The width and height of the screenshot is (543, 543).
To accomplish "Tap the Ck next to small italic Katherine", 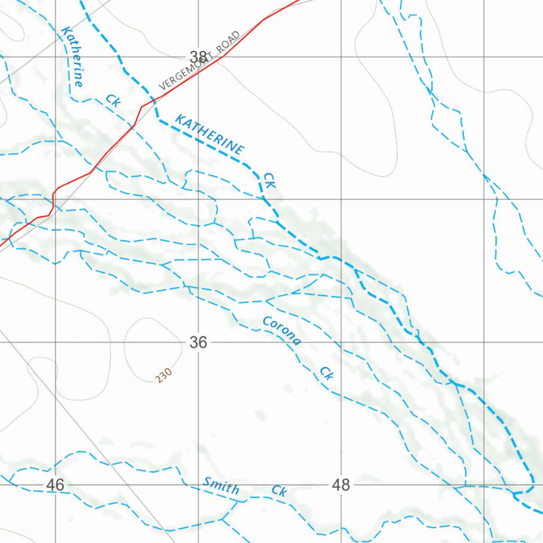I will [x=112, y=100].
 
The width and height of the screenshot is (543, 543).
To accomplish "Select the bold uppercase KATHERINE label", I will [x=210, y=135].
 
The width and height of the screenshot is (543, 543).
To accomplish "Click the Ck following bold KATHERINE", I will [x=270, y=180].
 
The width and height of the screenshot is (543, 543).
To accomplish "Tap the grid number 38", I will [x=198, y=57].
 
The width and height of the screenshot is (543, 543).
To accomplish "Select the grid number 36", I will [x=198, y=343].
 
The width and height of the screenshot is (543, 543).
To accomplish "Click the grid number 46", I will [x=55, y=485].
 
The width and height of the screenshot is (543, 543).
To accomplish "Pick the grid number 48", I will [x=341, y=485].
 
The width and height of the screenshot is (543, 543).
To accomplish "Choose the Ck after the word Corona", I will [x=327, y=373].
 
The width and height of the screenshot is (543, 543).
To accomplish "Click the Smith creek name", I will [x=221, y=485].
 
